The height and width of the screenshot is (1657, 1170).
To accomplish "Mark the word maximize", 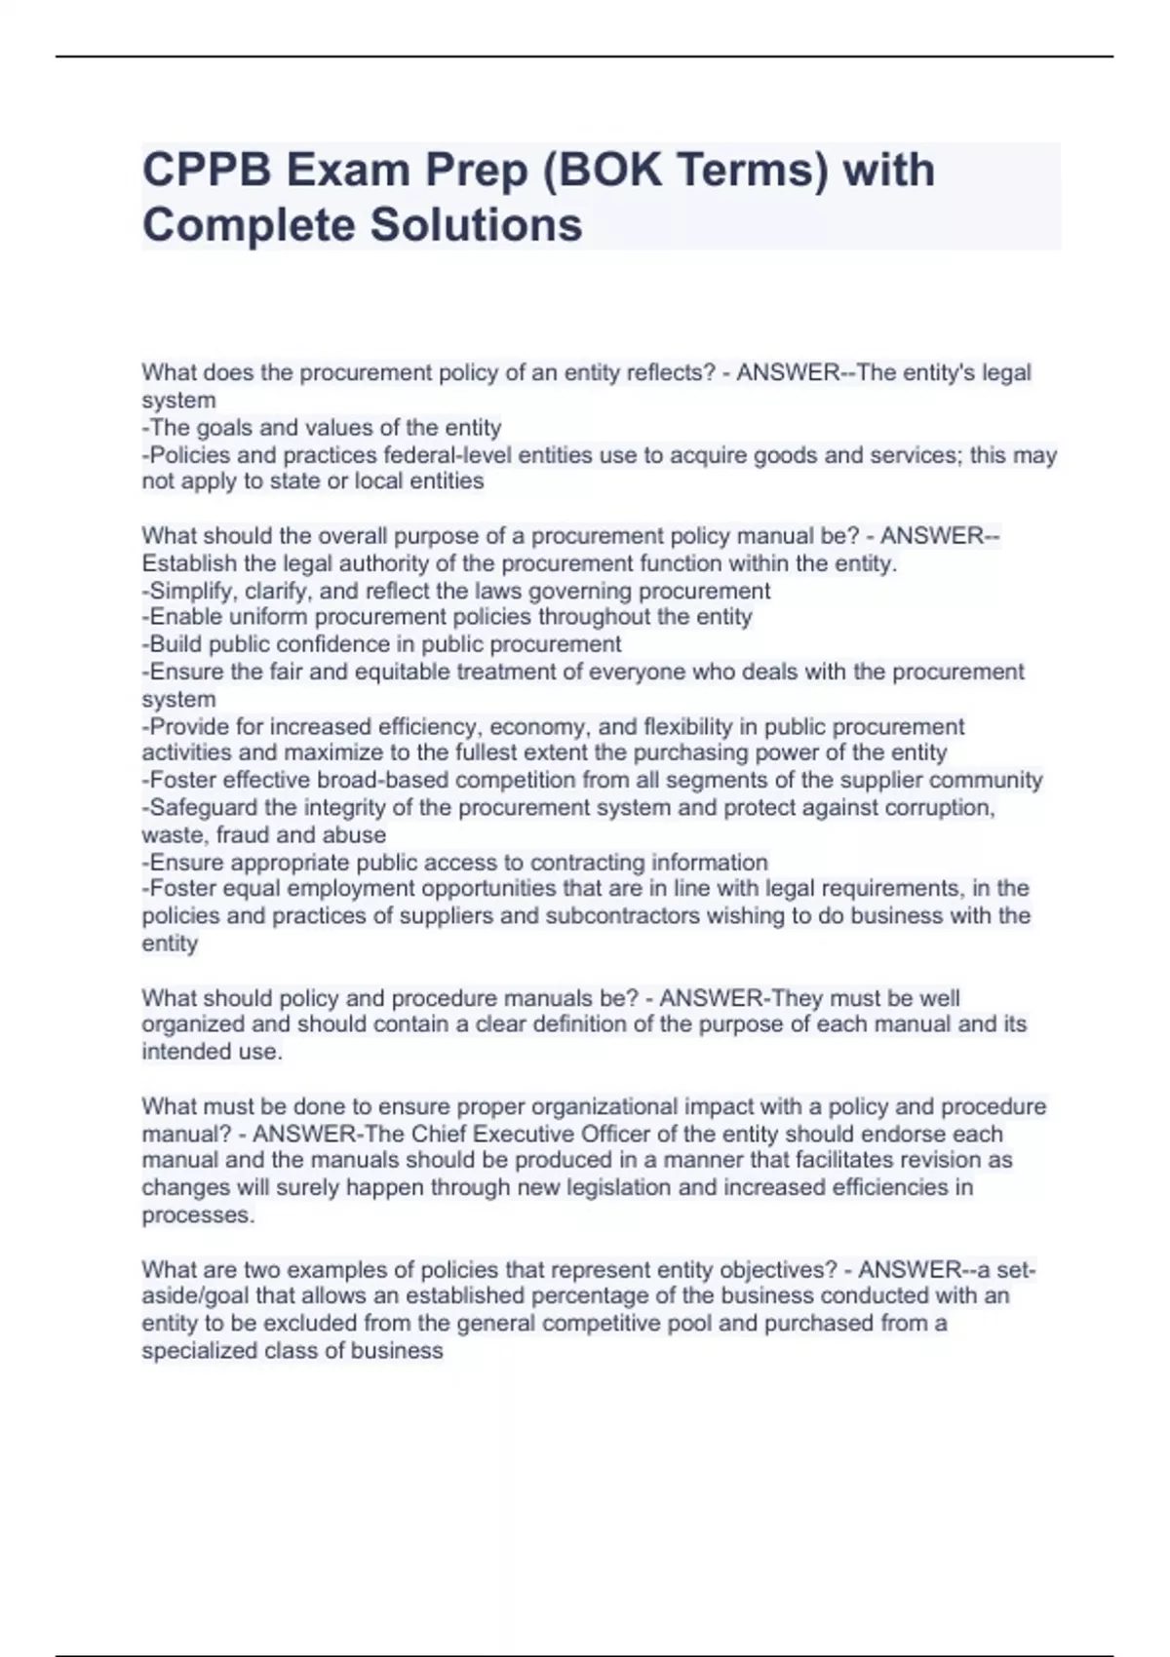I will click(324, 752).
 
